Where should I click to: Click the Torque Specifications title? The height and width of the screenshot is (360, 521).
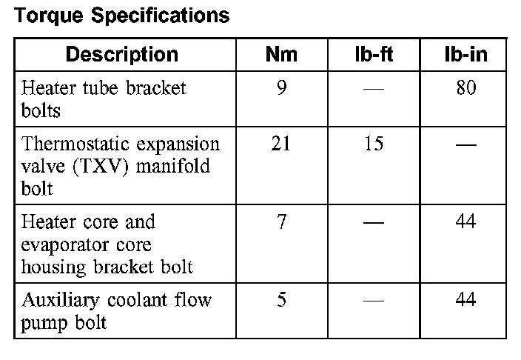[122, 16]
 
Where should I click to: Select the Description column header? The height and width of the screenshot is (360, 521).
[121, 54]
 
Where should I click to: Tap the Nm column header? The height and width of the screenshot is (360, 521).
[281, 54]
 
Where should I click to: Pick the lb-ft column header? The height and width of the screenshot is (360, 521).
[374, 54]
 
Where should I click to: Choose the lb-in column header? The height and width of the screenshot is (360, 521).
[465, 54]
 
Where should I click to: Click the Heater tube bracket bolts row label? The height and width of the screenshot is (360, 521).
[104, 99]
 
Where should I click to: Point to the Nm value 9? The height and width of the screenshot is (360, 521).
[281, 89]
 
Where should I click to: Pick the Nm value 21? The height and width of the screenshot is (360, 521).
[281, 144]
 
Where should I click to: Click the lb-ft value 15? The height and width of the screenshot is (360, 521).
[374, 144]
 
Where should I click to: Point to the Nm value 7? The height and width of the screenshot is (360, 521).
[281, 222]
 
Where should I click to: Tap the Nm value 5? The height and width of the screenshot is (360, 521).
[281, 300]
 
